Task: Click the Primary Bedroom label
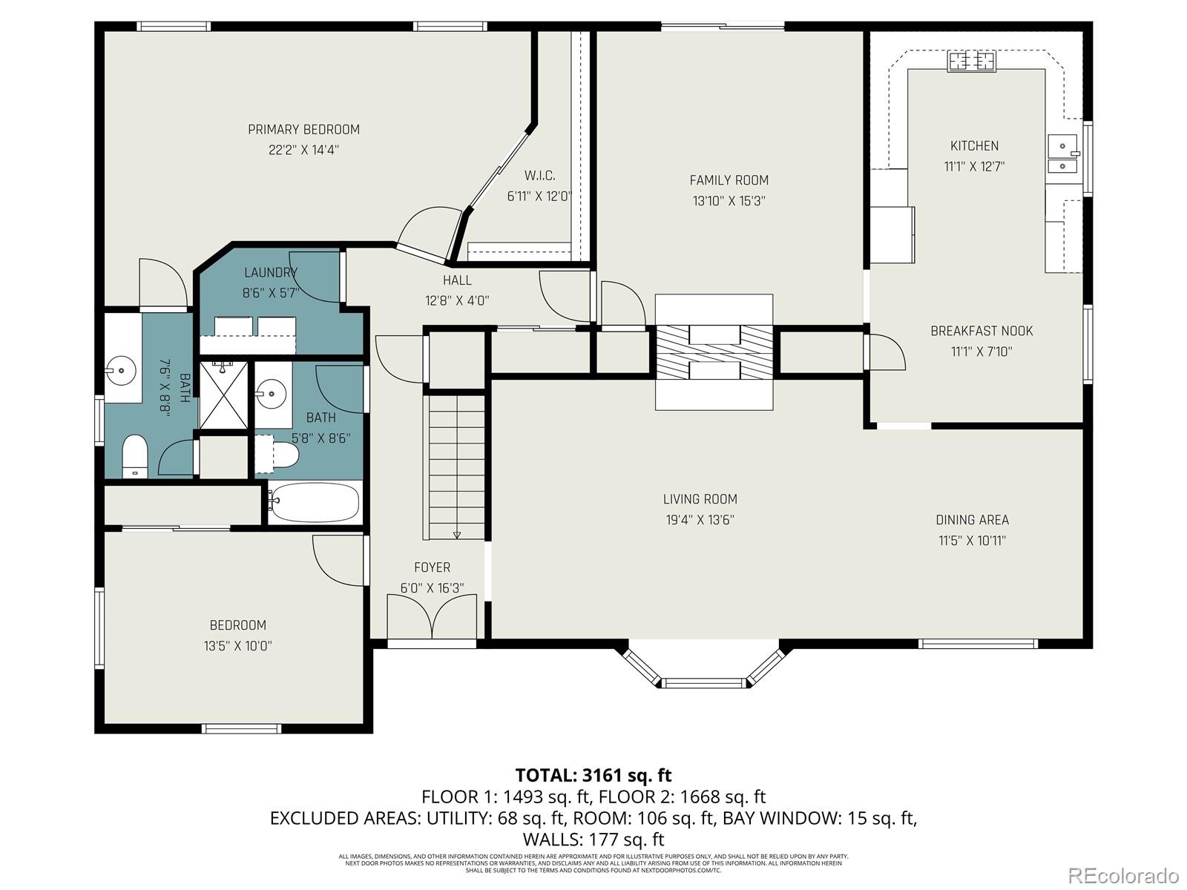pyautogui.click(x=303, y=130)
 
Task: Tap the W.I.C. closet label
pyautogui.click(x=539, y=176)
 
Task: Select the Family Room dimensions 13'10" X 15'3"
pyautogui.click(x=729, y=201)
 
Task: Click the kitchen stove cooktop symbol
pyautogui.click(x=971, y=61)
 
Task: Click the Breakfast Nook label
pyautogui.click(x=982, y=332)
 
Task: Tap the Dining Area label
pyautogui.click(x=972, y=520)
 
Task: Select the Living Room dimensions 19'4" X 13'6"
pyautogui.click(x=700, y=520)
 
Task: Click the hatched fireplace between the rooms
pyautogui.click(x=714, y=352)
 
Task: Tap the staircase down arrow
pyautogui.click(x=456, y=534)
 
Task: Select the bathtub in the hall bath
pyautogui.click(x=315, y=502)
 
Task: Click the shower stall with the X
pyautogui.click(x=223, y=395)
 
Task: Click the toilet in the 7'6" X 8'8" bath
pyautogui.click(x=134, y=454)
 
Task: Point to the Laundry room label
pyautogui.click(x=270, y=273)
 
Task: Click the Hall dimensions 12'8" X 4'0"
pyautogui.click(x=457, y=301)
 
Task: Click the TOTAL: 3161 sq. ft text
pyautogui.click(x=593, y=776)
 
